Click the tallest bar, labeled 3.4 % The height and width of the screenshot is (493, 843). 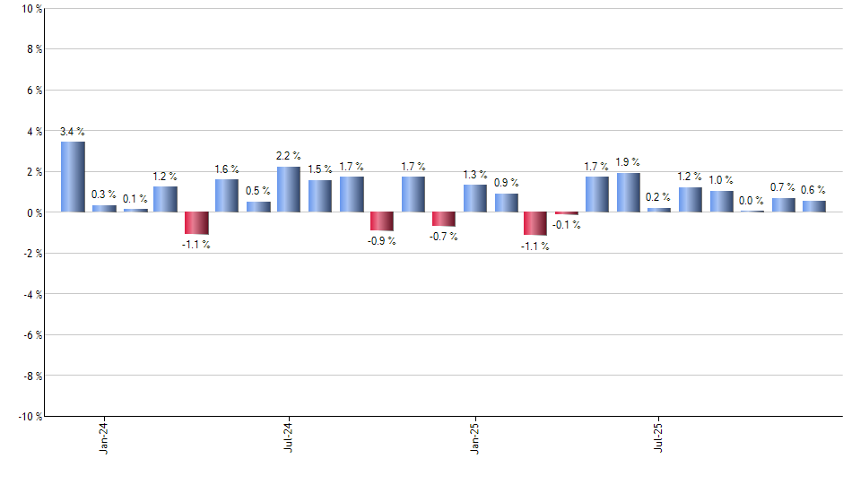point(73,177)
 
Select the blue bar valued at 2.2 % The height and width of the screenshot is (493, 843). point(289,189)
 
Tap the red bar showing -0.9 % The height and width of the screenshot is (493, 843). point(381,221)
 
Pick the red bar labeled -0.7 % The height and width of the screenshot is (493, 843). point(443,219)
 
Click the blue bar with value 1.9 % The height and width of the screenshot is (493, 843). point(628,193)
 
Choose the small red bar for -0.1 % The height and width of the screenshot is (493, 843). point(566,213)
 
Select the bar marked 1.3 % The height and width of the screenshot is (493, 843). point(474,198)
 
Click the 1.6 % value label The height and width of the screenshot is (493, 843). point(226,169)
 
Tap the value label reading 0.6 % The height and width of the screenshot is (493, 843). point(813,189)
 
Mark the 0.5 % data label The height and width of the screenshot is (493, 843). point(257,190)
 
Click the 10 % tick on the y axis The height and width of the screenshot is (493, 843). point(31,9)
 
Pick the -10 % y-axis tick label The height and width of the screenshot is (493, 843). point(30,416)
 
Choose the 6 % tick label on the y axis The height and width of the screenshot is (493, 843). point(34,91)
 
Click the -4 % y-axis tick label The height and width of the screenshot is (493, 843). point(32,294)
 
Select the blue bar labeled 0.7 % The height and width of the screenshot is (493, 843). point(783,204)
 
